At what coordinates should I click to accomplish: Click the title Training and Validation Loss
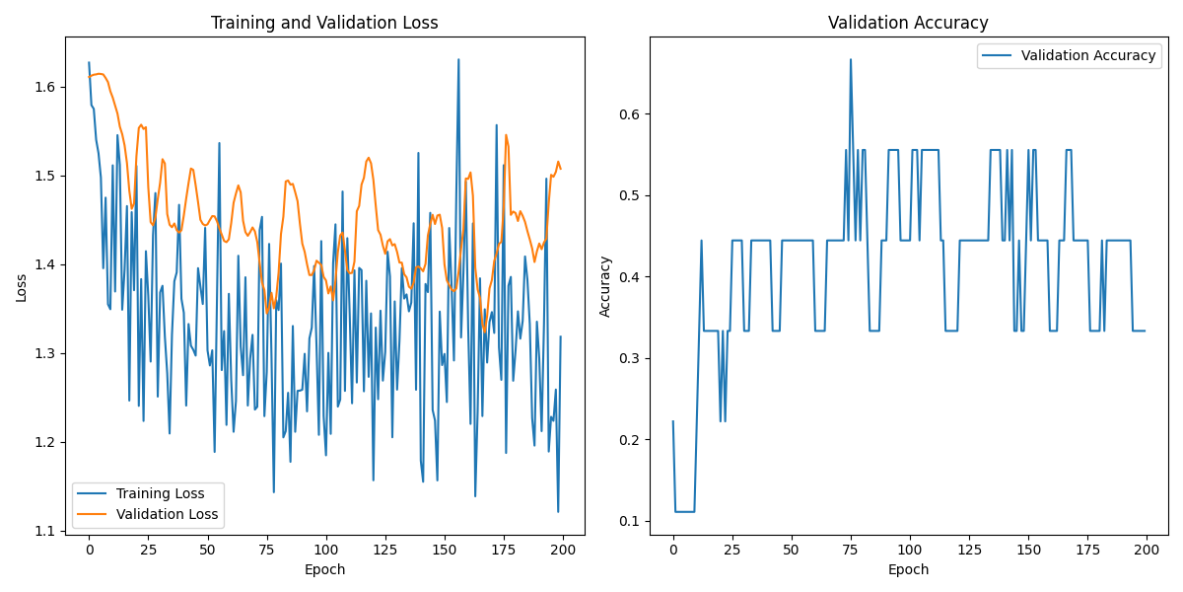click(x=324, y=23)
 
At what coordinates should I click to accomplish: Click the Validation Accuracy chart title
click(x=908, y=23)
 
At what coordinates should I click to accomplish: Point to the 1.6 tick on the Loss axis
click(x=46, y=87)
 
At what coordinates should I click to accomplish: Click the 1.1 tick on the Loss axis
click(x=46, y=531)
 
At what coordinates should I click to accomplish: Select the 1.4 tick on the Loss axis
click(x=46, y=264)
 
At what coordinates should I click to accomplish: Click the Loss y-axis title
click(x=21, y=287)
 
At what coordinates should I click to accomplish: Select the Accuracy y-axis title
click(x=605, y=286)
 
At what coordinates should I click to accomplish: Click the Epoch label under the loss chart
click(x=324, y=569)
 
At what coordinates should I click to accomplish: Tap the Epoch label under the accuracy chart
click(x=908, y=569)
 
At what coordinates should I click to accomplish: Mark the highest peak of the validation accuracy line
click(x=851, y=59)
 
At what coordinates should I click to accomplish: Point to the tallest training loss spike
click(x=458, y=59)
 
